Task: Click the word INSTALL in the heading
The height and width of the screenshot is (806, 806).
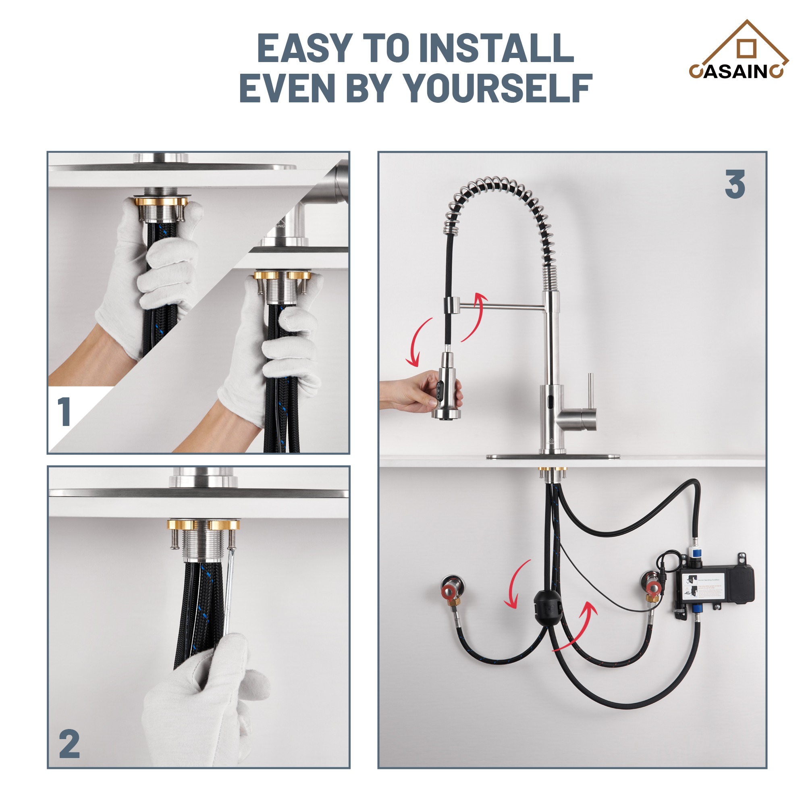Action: click(x=496, y=48)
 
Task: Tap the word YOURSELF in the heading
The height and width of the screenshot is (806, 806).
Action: click(x=498, y=88)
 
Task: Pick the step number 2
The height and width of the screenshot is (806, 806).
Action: click(x=69, y=744)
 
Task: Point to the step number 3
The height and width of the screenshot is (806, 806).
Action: click(x=735, y=185)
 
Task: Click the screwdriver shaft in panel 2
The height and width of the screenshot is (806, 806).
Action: click(x=229, y=592)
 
